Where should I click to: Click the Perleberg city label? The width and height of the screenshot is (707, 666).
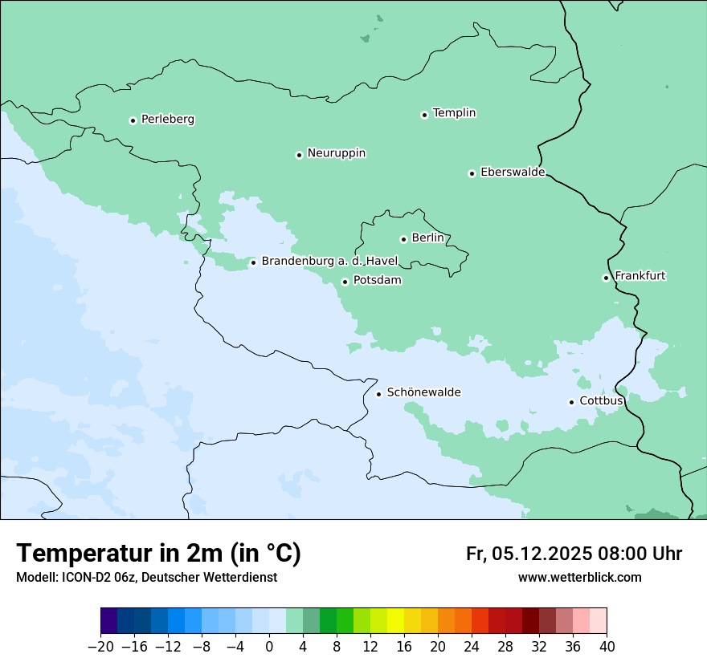click(167, 120)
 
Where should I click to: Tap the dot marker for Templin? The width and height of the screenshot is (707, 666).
click(424, 115)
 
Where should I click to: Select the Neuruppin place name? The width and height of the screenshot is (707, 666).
click(336, 153)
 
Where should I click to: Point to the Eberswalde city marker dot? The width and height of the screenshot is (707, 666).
click(472, 173)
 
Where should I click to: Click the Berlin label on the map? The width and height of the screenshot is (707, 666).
click(427, 238)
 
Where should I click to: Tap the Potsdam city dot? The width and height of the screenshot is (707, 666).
click(345, 282)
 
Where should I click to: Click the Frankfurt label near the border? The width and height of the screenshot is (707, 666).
click(640, 276)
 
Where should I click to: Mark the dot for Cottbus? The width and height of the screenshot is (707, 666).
click(571, 402)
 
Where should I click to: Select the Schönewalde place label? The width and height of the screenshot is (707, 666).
click(423, 392)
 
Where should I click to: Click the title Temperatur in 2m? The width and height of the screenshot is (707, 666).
click(158, 553)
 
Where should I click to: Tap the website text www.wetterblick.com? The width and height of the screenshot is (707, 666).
click(579, 577)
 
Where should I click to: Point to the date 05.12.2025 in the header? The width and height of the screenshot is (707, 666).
click(542, 554)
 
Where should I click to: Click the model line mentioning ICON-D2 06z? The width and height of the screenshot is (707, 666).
click(146, 577)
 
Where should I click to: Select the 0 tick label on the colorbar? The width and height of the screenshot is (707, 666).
click(269, 647)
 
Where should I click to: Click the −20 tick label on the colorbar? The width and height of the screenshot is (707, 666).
click(100, 647)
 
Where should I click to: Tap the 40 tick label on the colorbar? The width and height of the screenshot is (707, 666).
click(607, 647)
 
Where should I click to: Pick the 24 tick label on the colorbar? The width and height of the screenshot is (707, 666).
click(472, 647)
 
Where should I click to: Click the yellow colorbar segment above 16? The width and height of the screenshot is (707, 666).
click(395, 621)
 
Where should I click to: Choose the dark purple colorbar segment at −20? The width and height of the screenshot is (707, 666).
click(109, 621)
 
